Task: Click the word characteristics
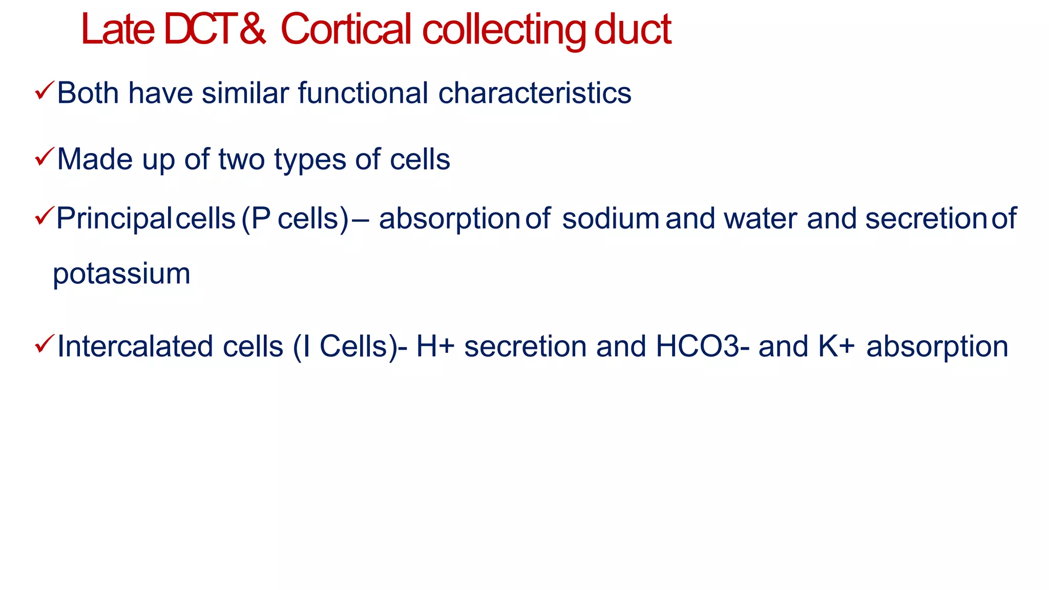pyautogui.click(x=535, y=93)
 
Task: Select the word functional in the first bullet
pyautogui.click(x=363, y=93)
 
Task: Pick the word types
pyautogui.click(x=310, y=160)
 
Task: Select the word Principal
pyautogui.click(x=113, y=219)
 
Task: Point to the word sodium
pyautogui.click(x=611, y=219)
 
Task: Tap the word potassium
pyautogui.click(x=122, y=275)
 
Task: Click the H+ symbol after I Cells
pyautogui.click(x=435, y=347)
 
